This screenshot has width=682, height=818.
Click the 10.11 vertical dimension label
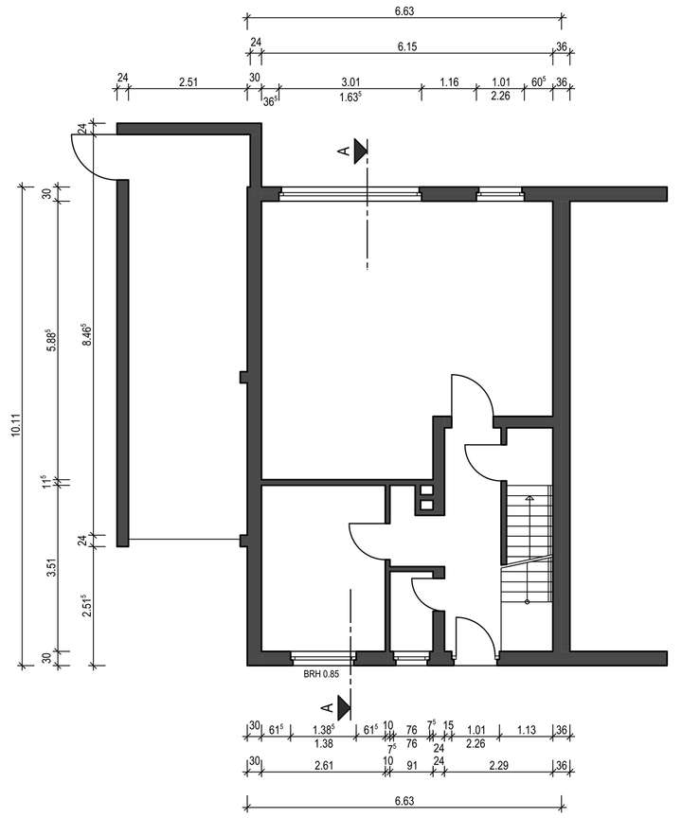(x=12, y=423)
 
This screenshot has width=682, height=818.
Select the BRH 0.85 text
(x=320, y=674)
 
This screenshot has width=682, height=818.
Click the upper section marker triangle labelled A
(x=361, y=151)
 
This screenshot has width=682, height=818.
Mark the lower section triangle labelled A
(x=343, y=706)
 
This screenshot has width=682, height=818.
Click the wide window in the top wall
(x=350, y=195)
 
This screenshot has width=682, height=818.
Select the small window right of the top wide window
(x=499, y=195)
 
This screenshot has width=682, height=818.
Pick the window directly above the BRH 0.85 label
(x=323, y=656)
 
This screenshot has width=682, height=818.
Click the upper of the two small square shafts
(x=425, y=491)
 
